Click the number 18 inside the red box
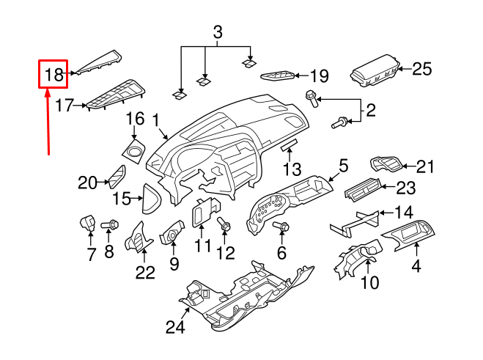coord(54,74)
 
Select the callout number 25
coord(421,70)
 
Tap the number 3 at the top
coord(217,32)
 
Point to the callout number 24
coord(174,327)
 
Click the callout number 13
coord(292,170)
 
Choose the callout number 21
coord(425,167)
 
